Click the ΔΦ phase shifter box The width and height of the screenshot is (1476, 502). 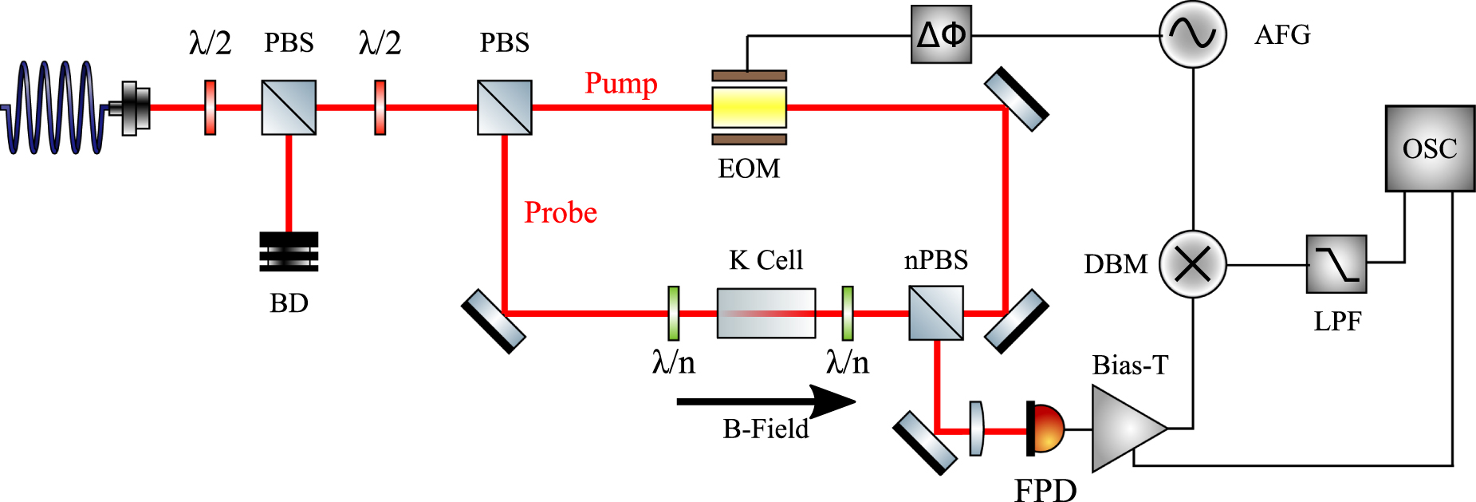(941, 35)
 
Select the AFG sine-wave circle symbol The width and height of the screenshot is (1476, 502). (1192, 34)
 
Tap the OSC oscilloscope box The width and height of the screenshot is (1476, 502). (1429, 148)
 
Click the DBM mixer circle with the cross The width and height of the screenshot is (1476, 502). (1192, 264)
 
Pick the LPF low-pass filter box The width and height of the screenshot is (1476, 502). (1336, 264)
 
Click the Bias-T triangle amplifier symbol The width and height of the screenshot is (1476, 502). (1125, 429)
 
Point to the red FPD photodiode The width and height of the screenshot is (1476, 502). (1046, 429)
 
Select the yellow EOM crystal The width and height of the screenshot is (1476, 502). (749, 107)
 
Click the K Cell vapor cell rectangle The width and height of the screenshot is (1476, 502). (766, 313)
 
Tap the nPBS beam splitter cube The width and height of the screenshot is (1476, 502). (935, 313)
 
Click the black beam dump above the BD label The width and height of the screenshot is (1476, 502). (289, 251)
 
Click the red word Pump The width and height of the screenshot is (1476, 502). (620, 83)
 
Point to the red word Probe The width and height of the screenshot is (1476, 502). (560, 212)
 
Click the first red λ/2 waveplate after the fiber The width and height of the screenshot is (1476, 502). (210, 107)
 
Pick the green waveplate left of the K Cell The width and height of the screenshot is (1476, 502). (673, 313)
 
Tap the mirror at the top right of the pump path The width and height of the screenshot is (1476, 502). (1016, 99)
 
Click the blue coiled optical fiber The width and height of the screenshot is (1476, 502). (56, 108)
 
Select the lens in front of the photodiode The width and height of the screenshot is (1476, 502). (976, 429)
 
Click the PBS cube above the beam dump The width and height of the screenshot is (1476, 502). (289, 107)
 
